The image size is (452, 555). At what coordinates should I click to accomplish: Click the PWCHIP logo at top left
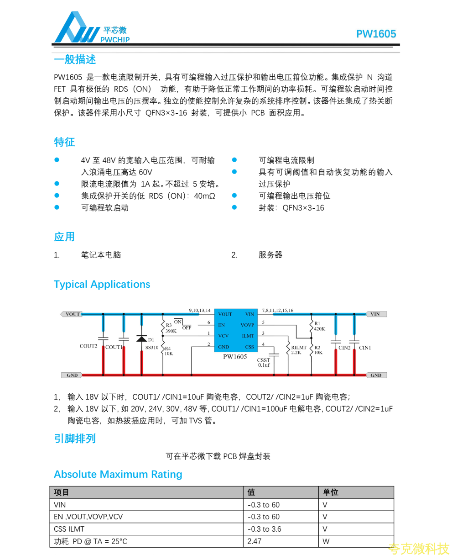click(x=91, y=28)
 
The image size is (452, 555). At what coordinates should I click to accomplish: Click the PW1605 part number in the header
click(x=376, y=34)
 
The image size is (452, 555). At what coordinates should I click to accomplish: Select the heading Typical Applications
click(x=102, y=284)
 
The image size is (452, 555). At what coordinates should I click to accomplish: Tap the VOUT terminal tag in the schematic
click(x=71, y=314)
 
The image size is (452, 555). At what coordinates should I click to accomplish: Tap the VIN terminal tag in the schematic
click(x=376, y=314)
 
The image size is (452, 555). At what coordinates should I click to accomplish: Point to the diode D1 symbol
click(x=141, y=338)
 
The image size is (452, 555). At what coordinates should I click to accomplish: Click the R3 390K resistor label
click(x=171, y=328)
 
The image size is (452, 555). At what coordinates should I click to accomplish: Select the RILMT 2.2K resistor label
click(x=299, y=350)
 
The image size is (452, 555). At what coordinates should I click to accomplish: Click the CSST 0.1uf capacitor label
click(x=264, y=363)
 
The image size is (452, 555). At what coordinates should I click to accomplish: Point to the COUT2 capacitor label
click(x=88, y=346)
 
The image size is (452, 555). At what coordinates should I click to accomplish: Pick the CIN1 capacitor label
click(x=365, y=348)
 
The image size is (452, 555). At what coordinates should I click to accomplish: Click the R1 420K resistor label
click(x=319, y=326)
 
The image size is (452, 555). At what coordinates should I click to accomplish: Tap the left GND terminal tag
click(x=72, y=375)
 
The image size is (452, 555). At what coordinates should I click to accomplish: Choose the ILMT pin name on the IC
click(x=248, y=336)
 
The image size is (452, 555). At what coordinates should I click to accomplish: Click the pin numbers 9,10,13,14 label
click(x=200, y=311)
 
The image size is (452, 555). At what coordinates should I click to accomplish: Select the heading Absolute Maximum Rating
click(x=118, y=474)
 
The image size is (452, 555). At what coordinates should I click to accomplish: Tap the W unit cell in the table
click(x=326, y=541)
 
